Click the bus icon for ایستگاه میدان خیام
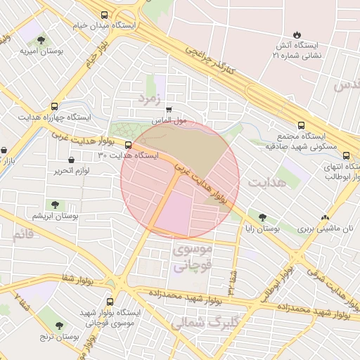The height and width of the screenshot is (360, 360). click(x=105, y=15)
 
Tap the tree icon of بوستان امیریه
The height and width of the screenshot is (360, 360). click(x=41, y=40)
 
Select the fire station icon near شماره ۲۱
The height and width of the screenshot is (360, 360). click(x=297, y=34)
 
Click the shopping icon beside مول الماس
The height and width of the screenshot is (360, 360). click(x=169, y=110)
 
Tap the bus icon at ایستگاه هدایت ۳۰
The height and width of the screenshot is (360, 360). click(x=127, y=146)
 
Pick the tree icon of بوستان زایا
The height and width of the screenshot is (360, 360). click(x=263, y=218)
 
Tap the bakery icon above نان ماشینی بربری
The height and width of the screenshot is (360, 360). click(x=325, y=218)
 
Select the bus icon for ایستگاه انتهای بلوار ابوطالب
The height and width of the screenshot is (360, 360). click(x=345, y=155)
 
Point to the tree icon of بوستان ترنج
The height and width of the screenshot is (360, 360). click(x=57, y=324)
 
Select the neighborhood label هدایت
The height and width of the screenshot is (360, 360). click(x=264, y=181)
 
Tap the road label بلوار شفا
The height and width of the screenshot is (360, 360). click(x=77, y=280)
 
